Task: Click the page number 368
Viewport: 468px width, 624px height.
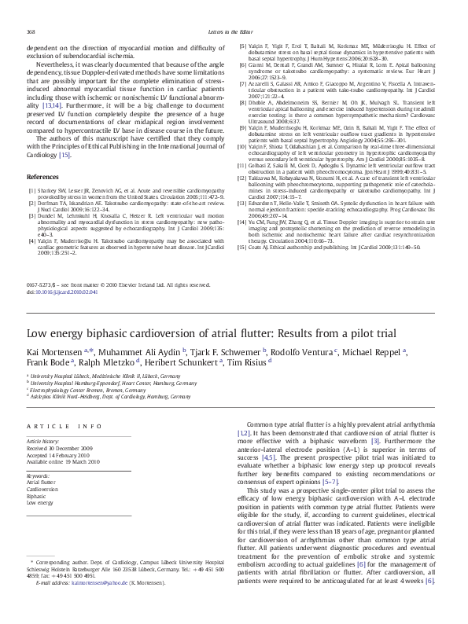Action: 31,31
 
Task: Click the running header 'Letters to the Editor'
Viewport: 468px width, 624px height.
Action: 234,31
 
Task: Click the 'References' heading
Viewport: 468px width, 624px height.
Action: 43,178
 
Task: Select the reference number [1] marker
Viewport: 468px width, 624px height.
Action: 31,190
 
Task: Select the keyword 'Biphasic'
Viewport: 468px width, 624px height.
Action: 37,496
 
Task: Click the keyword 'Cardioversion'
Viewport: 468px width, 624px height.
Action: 42,490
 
